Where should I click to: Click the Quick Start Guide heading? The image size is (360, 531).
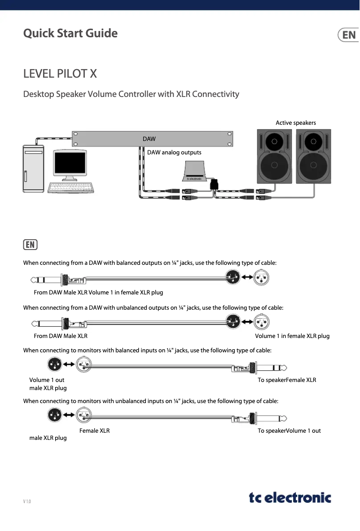pyautogui.click(x=70, y=34)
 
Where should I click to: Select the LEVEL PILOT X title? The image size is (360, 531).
pyautogui.click(x=60, y=74)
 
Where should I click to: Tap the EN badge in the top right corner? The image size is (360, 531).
pyautogui.click(x=349, y=35)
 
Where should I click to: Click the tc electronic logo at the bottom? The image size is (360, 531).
pyautogui.click(x=290, y=497)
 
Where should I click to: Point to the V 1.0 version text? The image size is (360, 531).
pyautogui.click(x=27, y=501)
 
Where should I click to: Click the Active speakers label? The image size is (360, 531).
pyautogui.click(x=295, y=123)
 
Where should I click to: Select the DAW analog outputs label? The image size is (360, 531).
pyautogui.click(x=174, y=153)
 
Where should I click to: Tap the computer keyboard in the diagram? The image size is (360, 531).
pyautogui.click(x=71, y=188)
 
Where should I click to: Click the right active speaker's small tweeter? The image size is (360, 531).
pyautogui.click(x=313, y=141)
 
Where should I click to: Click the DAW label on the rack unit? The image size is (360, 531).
pyautogui.click(x=149, y=139)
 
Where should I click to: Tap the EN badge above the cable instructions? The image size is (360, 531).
pyautogui.click(x=30, y=245)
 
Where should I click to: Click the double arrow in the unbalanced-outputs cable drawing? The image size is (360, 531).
pyautogui.click(x=246, y=322)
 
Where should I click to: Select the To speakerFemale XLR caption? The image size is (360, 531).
pyautogui.click(x=287, y=380)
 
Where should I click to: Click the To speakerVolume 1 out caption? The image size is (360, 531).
pyautogui.click(x=289, y=430)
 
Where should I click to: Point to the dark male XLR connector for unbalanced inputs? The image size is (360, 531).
pyautogui.click(x=55, y=415)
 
